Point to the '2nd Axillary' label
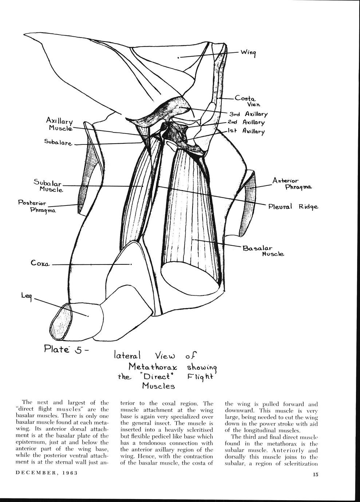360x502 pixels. (x=251, y=123)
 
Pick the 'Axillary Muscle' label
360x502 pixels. (x=60, y=124)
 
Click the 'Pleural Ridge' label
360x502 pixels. (x=293, y=207)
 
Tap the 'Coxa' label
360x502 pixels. (x=40, y=263)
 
